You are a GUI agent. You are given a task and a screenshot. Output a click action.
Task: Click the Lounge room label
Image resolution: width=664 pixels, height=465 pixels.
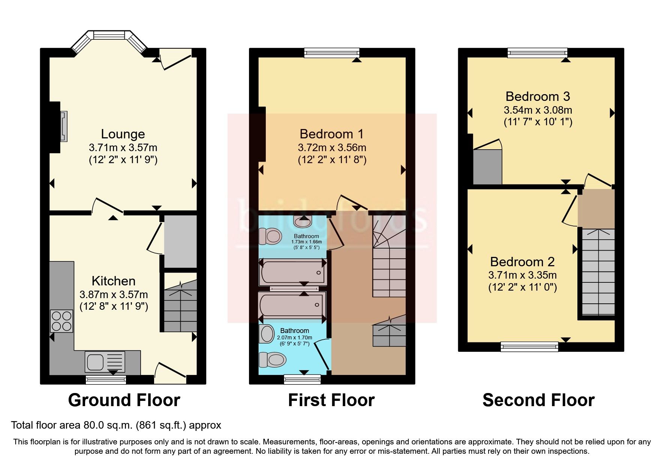[x=123, y=134]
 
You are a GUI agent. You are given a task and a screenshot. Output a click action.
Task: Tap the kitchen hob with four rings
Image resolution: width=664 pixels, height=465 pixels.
[x=62, y=321]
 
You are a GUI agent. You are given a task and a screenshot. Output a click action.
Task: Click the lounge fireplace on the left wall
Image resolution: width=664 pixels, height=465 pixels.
[x=64, y=126]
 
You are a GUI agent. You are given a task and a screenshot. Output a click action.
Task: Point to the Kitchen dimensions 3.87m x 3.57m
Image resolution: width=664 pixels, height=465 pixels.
[x=114, y=294]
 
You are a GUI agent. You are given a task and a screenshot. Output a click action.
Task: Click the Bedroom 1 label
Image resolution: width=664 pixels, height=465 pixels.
[x=331, y=134]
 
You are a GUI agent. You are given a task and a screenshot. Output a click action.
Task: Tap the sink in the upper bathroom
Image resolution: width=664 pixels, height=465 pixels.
[x=303, y=222]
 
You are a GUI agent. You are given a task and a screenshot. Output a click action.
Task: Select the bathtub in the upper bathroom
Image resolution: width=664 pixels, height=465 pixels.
[x=293, y=272]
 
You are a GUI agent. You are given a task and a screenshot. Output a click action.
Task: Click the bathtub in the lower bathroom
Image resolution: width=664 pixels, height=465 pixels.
[x=292, y=306]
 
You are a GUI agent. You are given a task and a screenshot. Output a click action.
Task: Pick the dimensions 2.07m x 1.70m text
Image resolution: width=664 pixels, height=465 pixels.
[x=294, y=337]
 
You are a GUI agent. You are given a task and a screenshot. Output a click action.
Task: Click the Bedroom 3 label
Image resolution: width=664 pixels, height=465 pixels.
[x=538, y=96]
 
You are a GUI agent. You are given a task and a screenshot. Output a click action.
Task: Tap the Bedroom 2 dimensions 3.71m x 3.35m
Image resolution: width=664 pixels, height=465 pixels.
[x=522, y=275]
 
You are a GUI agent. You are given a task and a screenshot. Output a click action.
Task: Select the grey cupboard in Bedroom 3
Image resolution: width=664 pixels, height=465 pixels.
[x=487, y=167]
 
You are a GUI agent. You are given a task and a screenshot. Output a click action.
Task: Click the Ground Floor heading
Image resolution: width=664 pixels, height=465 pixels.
[x=124, y=400]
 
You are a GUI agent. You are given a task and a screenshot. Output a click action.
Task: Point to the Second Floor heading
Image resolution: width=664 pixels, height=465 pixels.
[x=538, y=400]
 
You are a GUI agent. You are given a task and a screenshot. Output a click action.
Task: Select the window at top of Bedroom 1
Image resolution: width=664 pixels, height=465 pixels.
[x=331, y=53]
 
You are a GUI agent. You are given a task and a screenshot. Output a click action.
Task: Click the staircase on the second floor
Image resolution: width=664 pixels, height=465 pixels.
[x=598, y=271]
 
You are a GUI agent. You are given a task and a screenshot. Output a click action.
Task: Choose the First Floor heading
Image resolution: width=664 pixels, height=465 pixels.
[x=331, y=400]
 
